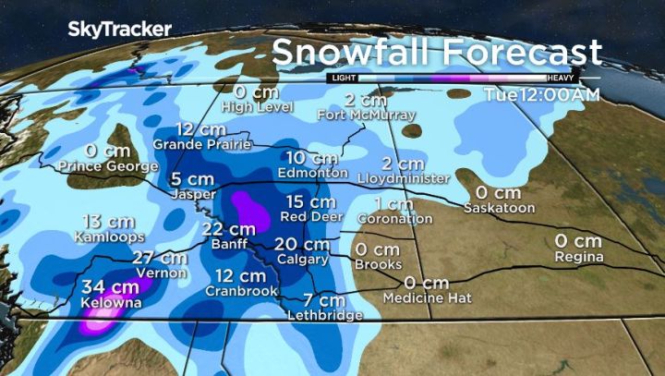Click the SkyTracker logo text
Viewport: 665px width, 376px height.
(x=119, y=29)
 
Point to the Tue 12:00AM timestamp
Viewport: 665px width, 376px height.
(x=542, y=95)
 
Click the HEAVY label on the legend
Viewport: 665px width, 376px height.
(x=562, y=79)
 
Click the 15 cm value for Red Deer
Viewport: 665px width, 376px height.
(x=310, y=201)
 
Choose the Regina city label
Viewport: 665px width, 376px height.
(x=579, y=257)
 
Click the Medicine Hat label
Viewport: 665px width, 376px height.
(x=427, y=298)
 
